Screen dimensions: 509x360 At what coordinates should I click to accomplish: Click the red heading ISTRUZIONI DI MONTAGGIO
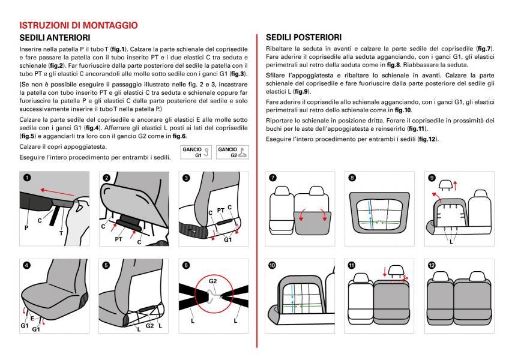(x=79, y=25)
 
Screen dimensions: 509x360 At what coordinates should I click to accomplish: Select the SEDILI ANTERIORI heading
(x=55, y=38)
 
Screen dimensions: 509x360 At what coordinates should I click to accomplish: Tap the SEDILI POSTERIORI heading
(x=304, y=38)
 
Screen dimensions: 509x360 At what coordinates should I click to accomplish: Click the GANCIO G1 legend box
(x=196, y=152)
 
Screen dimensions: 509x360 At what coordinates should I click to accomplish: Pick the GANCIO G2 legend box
(x=232, y=152)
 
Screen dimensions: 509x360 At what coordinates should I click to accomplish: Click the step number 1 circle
(x=27, y=178)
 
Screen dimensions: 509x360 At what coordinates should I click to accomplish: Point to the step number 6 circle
(x=186, y=265)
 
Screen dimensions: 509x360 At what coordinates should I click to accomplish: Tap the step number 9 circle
(x=432, y=178)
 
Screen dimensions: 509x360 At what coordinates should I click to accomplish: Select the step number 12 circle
(x=432, y=265)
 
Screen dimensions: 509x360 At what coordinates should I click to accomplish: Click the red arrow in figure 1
(x=57, y=192)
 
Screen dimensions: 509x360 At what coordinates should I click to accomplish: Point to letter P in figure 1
(x=26, y=228)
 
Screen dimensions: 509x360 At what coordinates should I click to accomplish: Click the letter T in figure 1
(x=61, y=233)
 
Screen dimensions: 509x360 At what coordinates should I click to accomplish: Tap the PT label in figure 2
(x=118, y=239)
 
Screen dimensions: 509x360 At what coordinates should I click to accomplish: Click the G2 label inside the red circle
(x=212, y=281)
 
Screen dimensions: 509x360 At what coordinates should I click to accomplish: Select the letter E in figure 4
(x=32, y=318)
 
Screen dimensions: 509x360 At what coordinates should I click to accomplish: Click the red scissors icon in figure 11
(x=405, y=278)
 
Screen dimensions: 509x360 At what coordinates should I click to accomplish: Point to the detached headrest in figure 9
(x=445, y=184)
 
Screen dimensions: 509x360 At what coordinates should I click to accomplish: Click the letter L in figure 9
(x=451, y=242)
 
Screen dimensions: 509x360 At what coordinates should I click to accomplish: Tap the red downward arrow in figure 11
(x=385, y=271)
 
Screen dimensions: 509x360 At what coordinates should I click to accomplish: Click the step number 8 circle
(x=352, y=178)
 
